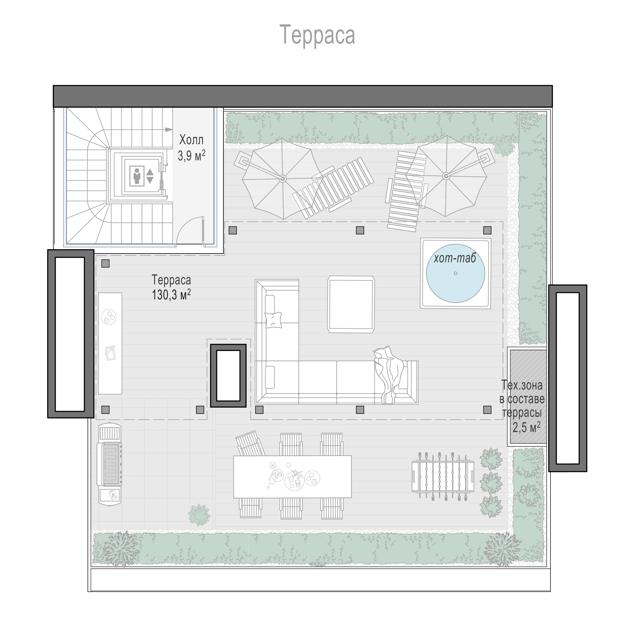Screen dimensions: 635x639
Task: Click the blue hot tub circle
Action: coord(455,273)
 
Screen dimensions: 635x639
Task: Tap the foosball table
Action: coord(443,477)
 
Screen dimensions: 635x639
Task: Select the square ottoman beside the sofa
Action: coord(351,304)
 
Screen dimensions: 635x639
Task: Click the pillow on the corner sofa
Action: coord(273,320)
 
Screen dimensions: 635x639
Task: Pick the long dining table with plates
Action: coord(292,477)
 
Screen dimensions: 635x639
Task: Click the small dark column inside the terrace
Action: coord(228,375)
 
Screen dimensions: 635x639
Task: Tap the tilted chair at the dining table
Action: coord(250,443)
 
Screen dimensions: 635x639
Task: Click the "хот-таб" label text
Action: coord(455,258)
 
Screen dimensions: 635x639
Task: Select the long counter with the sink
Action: coord(110,343)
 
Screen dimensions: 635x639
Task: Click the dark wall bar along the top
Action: coord(303,96)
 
